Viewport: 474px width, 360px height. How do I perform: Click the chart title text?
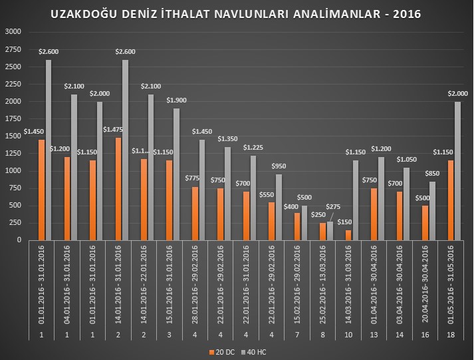tap(236, 14)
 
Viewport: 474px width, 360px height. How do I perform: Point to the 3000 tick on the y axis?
tap(13, 32)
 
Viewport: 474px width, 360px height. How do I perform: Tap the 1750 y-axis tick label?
tap(13, 118)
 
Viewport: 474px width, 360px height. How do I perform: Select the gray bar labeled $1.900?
tap(176, 174)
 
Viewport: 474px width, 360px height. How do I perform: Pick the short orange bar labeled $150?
tap(348, 234)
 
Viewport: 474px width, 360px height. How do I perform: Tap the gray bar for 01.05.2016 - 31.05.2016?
tap(458, 170)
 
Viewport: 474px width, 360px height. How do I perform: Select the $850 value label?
tap(432, 174)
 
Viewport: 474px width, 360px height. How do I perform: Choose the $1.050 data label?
tap(406, 160)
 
